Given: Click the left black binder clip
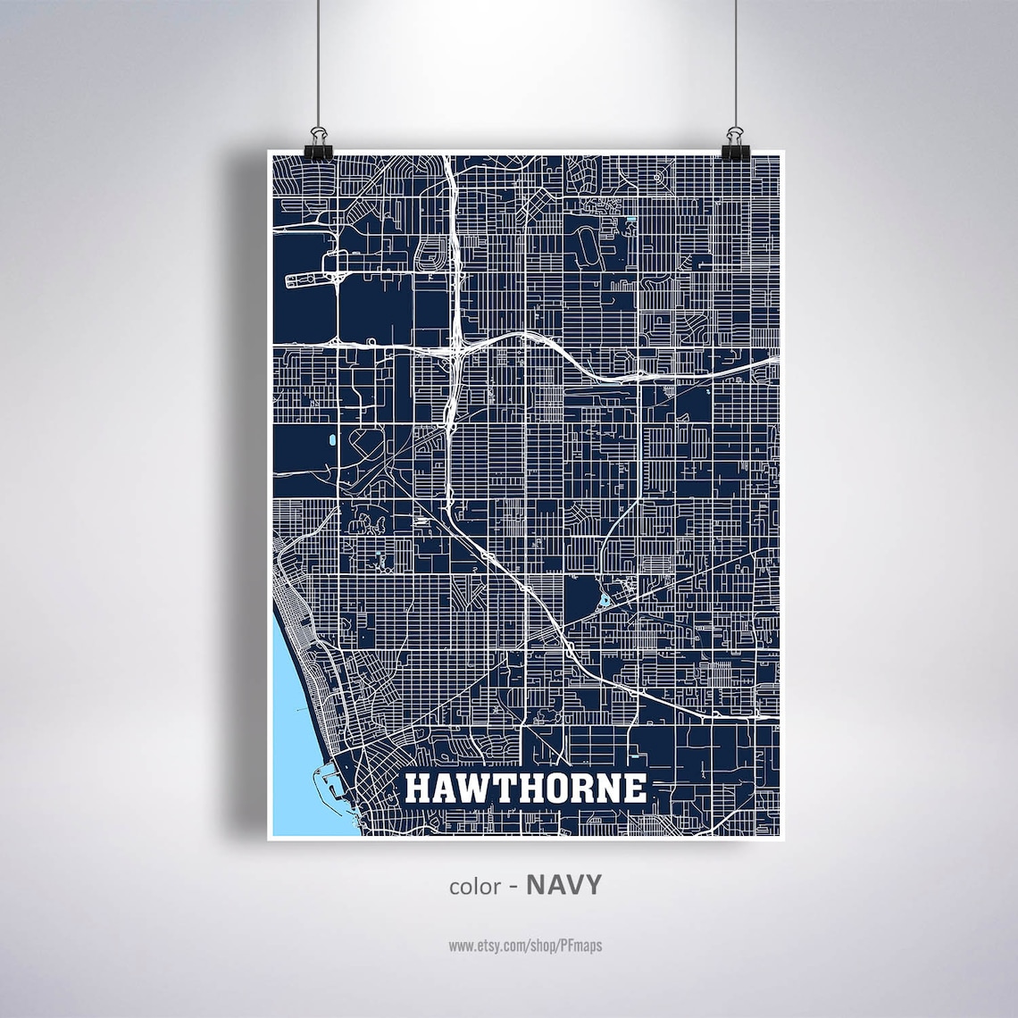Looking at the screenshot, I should tap(317, 146).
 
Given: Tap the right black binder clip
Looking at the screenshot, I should tap(735, 146).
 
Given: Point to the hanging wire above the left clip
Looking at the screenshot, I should tap(318, 63).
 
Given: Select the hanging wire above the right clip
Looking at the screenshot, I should tap(735, 63).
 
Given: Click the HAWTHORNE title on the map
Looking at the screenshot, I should tap(525, 789).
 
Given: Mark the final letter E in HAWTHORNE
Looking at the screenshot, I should tap(635, 789).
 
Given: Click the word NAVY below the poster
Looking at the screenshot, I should tap(563, 885).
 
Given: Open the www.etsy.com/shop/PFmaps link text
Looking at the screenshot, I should tap(525, 945).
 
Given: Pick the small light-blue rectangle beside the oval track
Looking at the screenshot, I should tap(632, 219).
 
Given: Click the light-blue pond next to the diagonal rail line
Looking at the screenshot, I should tap(605, 600).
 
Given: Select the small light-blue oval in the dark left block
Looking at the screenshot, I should tap(332, 440).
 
